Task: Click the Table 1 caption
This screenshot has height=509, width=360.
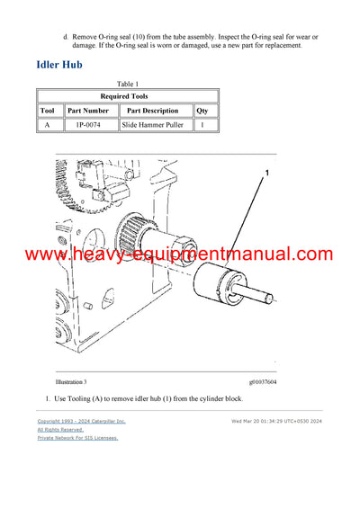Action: (x=128, y=83)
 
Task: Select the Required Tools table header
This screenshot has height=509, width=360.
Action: (x=128, y=96)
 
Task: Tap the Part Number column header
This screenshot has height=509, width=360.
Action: (x=90, y=111)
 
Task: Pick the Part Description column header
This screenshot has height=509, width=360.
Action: (x=155, y=111)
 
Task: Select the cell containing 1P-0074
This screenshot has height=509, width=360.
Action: (x=90, y=125)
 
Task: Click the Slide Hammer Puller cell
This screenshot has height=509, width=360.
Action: (x=155, y=125)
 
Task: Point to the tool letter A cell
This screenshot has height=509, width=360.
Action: (x=49, y=125)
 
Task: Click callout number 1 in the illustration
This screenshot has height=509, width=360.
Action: (x=266, y=171)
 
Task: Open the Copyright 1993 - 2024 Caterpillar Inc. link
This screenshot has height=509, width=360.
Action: (x=81, y=421)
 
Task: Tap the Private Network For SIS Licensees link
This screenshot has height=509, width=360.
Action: (x=77, y=438)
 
